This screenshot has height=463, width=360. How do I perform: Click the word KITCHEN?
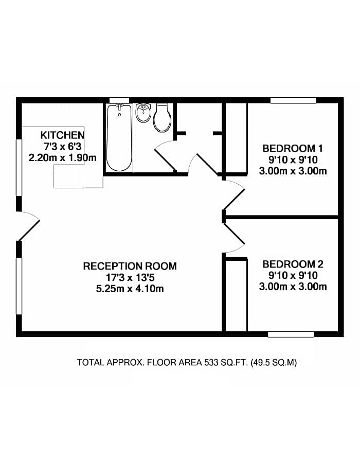click(x=63, y=135)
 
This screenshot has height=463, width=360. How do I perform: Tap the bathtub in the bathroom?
click(x=119, y=137)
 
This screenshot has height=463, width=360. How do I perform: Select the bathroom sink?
click(x=143, y=113)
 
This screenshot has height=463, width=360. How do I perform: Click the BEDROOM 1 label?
click(x=293, y=148)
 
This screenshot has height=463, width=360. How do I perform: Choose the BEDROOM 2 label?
click(x=293, y=264)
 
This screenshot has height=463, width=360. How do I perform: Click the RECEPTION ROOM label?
click(x=130, y=266)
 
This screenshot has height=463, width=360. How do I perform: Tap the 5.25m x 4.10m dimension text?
click(x=130, y=289)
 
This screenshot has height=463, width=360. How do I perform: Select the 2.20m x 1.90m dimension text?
click(x=63, y=157)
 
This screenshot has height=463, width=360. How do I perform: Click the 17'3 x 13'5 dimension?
click(x=130, y=278)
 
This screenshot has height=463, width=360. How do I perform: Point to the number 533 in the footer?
click(x=211, y=362)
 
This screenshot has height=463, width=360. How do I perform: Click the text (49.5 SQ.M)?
click(x=274, y=362)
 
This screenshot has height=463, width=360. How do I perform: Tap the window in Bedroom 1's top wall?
click(x=293, y=100)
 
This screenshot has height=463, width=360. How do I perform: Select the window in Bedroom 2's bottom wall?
click(x=291, y=334)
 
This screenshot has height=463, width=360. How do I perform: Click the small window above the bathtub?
click(x=119, y=100)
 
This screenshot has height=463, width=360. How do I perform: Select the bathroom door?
click(x=165, y=156)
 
